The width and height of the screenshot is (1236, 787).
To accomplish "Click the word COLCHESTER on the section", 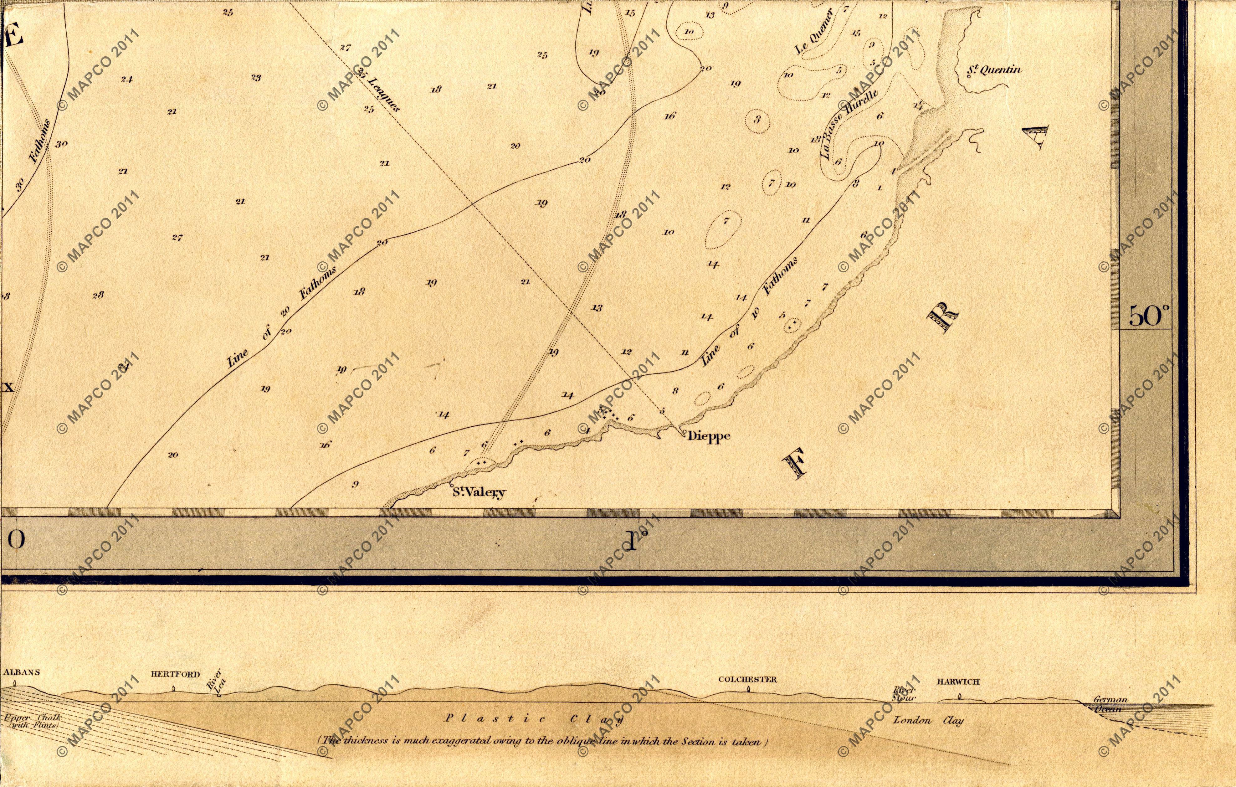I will pyautogui.click(x=747, y=679).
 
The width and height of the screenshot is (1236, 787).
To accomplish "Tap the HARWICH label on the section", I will pyautogui.click(x=958, y=682).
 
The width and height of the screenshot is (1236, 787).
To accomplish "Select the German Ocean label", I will pyautogui.click(x=1110, y=704).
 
